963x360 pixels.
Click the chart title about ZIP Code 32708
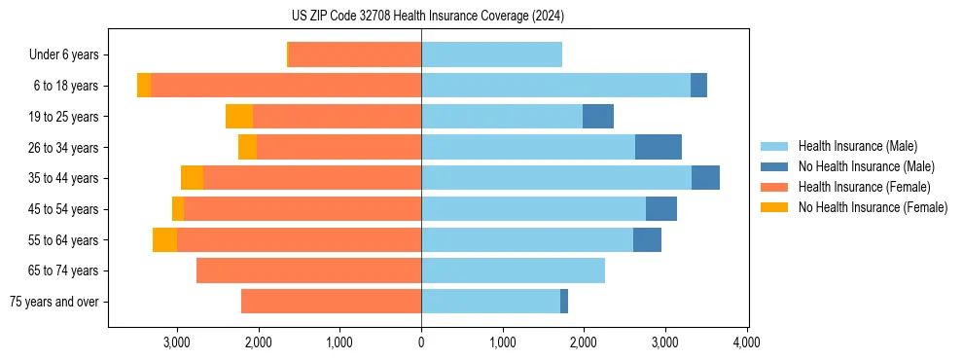click(x=427, y=16)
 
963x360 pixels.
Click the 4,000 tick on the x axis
click(x=746, y=342)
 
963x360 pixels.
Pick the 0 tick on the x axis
click(x=421, y=342)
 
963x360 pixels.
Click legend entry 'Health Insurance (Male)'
click(x=857, y=146)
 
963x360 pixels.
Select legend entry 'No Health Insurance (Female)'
click(x=873, y=207)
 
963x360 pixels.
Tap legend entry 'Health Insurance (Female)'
click(x=864, y=187)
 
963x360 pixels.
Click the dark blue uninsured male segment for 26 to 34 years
click(x=659, y=147)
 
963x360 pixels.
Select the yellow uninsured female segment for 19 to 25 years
click(x=239, y=117)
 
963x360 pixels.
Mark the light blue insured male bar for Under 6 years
click(x=491, y=55)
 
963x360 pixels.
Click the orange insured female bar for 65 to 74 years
click(x=308, y=270)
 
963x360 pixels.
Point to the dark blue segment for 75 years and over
click(x=564, y=302)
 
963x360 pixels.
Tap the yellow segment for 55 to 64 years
click(x=164, y=239)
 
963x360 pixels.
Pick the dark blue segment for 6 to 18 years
click(x=698, y=86)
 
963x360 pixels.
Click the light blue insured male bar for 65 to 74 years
click(x=513, y=270)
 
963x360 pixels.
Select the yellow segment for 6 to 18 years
click(x=144, y=86)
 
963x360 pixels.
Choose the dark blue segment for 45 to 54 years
click(x=661, y=209)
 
